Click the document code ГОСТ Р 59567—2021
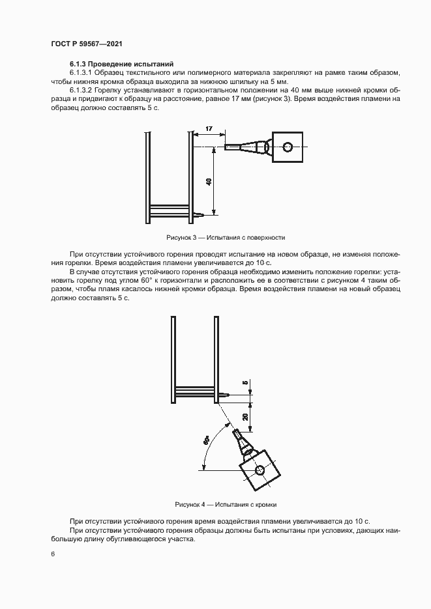coord(86,44)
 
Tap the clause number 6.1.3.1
coord(82,74)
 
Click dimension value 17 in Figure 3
coord(208,130)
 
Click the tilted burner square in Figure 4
coord(260,470)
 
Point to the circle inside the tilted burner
coord(260,470)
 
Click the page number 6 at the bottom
coord(52,554)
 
